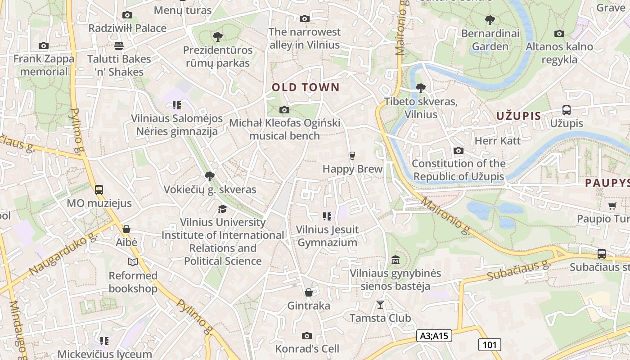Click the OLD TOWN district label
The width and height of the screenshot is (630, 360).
tap(306, 87)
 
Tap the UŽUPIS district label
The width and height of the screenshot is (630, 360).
tap(518, 116)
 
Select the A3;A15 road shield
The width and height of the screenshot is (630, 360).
tap(434, 335)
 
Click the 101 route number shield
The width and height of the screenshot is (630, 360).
tap(489, 345)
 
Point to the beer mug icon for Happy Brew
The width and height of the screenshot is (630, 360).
tap(352, 156)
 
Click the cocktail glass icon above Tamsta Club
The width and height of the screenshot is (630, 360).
tap(380, 305)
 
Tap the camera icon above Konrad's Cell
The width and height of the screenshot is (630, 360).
tap(307, 336)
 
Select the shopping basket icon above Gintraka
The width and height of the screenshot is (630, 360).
tap(309, 293)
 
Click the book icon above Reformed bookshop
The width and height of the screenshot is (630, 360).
tap(133, 262)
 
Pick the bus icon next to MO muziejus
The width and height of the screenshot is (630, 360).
tap(99, 190)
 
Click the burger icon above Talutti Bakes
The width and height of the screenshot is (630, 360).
tap(119, 45)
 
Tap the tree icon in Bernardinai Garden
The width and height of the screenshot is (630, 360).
tap(490, 20)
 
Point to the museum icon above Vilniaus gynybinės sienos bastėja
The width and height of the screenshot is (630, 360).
tap(396, 260)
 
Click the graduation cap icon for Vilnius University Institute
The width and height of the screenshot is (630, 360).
tap(222, 209)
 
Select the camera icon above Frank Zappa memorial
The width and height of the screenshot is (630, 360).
tap(44, 45)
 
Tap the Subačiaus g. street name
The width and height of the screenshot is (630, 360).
tap(519, 270)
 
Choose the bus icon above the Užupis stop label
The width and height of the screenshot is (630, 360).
tap(567, 110)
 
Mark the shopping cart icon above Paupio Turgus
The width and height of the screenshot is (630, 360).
tap(612, 206)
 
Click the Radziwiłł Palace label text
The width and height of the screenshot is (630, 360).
tap(127, 28)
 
